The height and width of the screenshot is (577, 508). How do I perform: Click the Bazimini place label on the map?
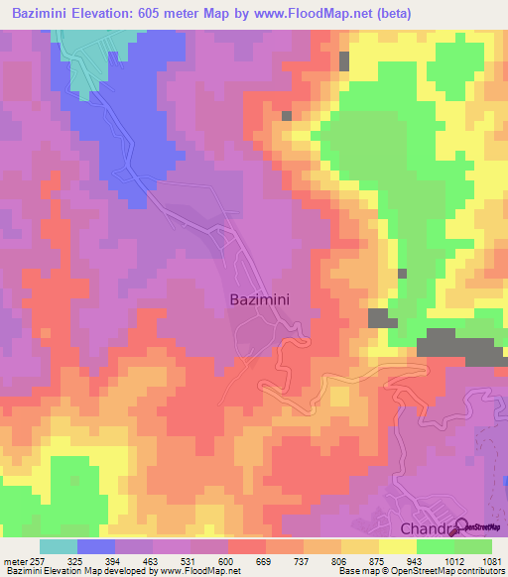(x=261, y=297)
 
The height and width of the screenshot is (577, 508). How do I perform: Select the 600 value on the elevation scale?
(x=226, y=561)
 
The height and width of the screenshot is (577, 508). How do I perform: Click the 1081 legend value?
(x=491, y=561)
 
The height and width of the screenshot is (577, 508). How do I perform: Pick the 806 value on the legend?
(x=340, y=561)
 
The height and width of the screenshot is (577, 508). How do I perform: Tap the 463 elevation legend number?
(x=151, y=561)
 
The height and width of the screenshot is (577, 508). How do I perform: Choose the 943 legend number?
(x=416, y=561)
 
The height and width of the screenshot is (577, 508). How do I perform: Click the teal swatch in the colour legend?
(x=59, y=546)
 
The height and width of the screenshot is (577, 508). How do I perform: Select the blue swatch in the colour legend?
(x=96, y=546)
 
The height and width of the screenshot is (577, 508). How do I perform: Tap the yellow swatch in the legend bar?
(x=398, y=546)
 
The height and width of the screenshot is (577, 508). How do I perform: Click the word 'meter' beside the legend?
(x=11, y=561)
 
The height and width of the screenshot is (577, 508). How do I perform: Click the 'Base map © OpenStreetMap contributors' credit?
(x=420, y=572)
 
